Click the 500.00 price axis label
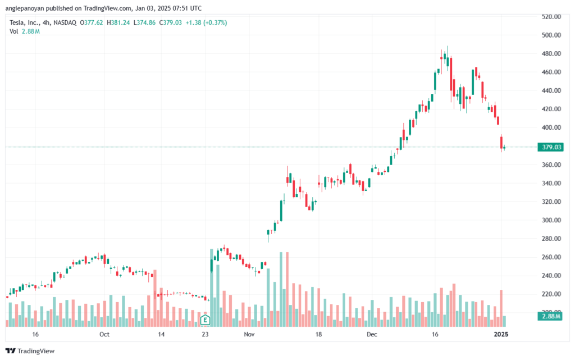click(551, 35)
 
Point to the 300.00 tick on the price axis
click(551, 220)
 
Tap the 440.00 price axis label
click(551, 90)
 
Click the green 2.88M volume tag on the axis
click(550, 317)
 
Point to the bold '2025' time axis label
click(500, 334)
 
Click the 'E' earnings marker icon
click(206, 320)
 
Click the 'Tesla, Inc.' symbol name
click(25, 22)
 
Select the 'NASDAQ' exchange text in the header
click(65, 22)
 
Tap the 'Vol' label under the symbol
click(14, 31)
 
